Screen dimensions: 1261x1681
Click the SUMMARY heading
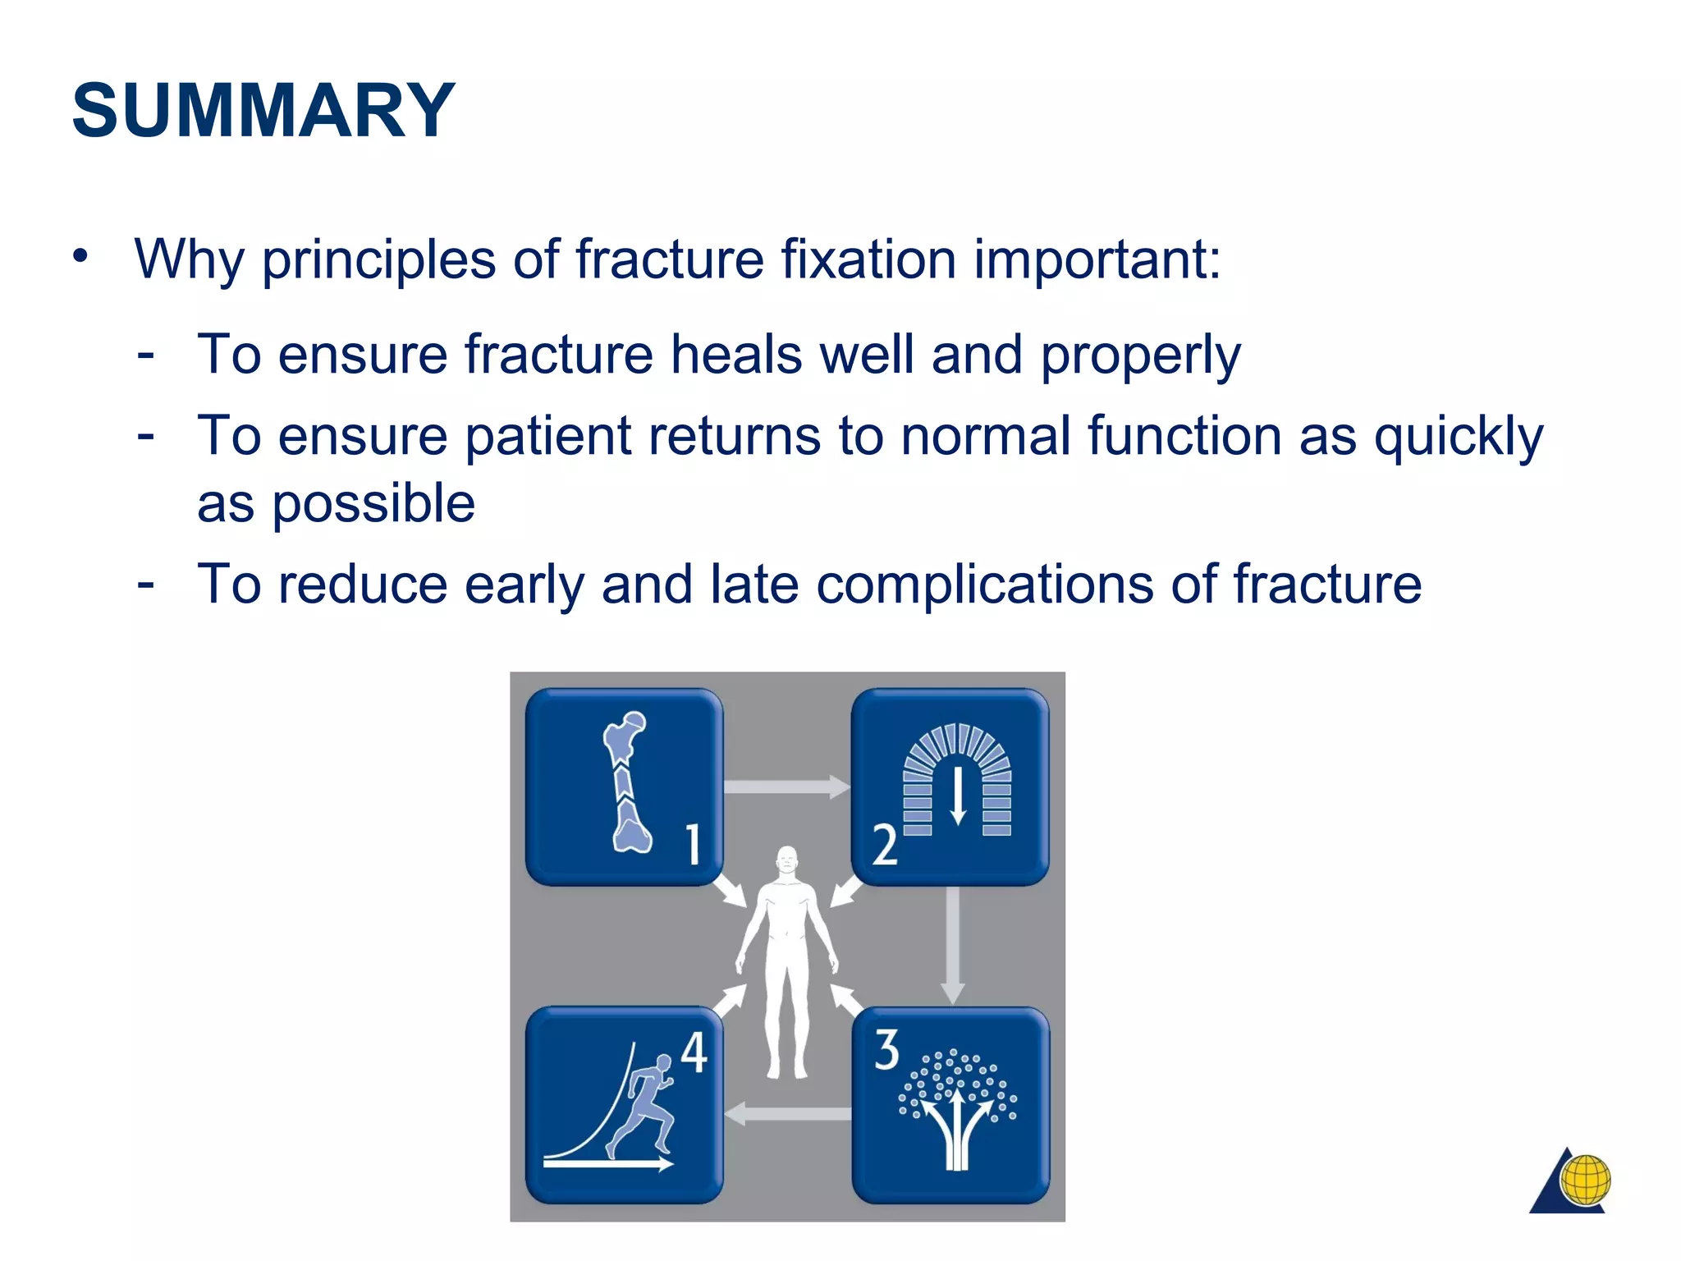[263, 111]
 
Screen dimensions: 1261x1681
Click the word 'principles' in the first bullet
[378, 260]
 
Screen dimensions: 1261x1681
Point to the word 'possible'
[373, 504]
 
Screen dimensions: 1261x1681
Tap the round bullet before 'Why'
[80, 256]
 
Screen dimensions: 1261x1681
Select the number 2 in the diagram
[884, 846]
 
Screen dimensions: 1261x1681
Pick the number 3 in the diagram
[886, 1050]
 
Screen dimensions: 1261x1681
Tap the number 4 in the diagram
[694, 1052]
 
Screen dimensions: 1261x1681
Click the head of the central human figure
[786, 860]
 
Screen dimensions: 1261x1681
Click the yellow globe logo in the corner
[1585, 1180]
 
